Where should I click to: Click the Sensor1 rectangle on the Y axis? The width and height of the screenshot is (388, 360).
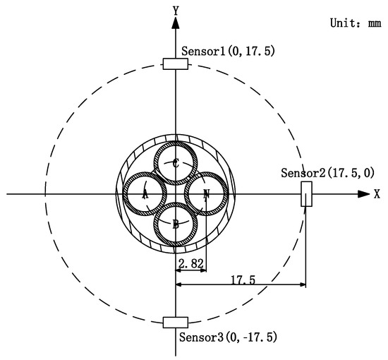[x=175, y=64]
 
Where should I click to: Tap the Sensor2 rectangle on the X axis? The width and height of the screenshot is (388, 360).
[x=306, y=193]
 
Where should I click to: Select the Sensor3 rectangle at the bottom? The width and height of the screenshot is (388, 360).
[x=175, y=323]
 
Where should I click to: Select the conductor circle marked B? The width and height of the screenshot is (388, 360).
[x=176, y=224]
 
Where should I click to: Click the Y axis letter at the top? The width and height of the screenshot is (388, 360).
[x=175, y=10]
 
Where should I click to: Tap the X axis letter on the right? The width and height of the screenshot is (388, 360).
[x=377, y=193]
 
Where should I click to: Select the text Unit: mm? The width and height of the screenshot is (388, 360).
[x=355, y=23]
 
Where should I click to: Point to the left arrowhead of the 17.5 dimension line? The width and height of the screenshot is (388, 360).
[x=179, y=285]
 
